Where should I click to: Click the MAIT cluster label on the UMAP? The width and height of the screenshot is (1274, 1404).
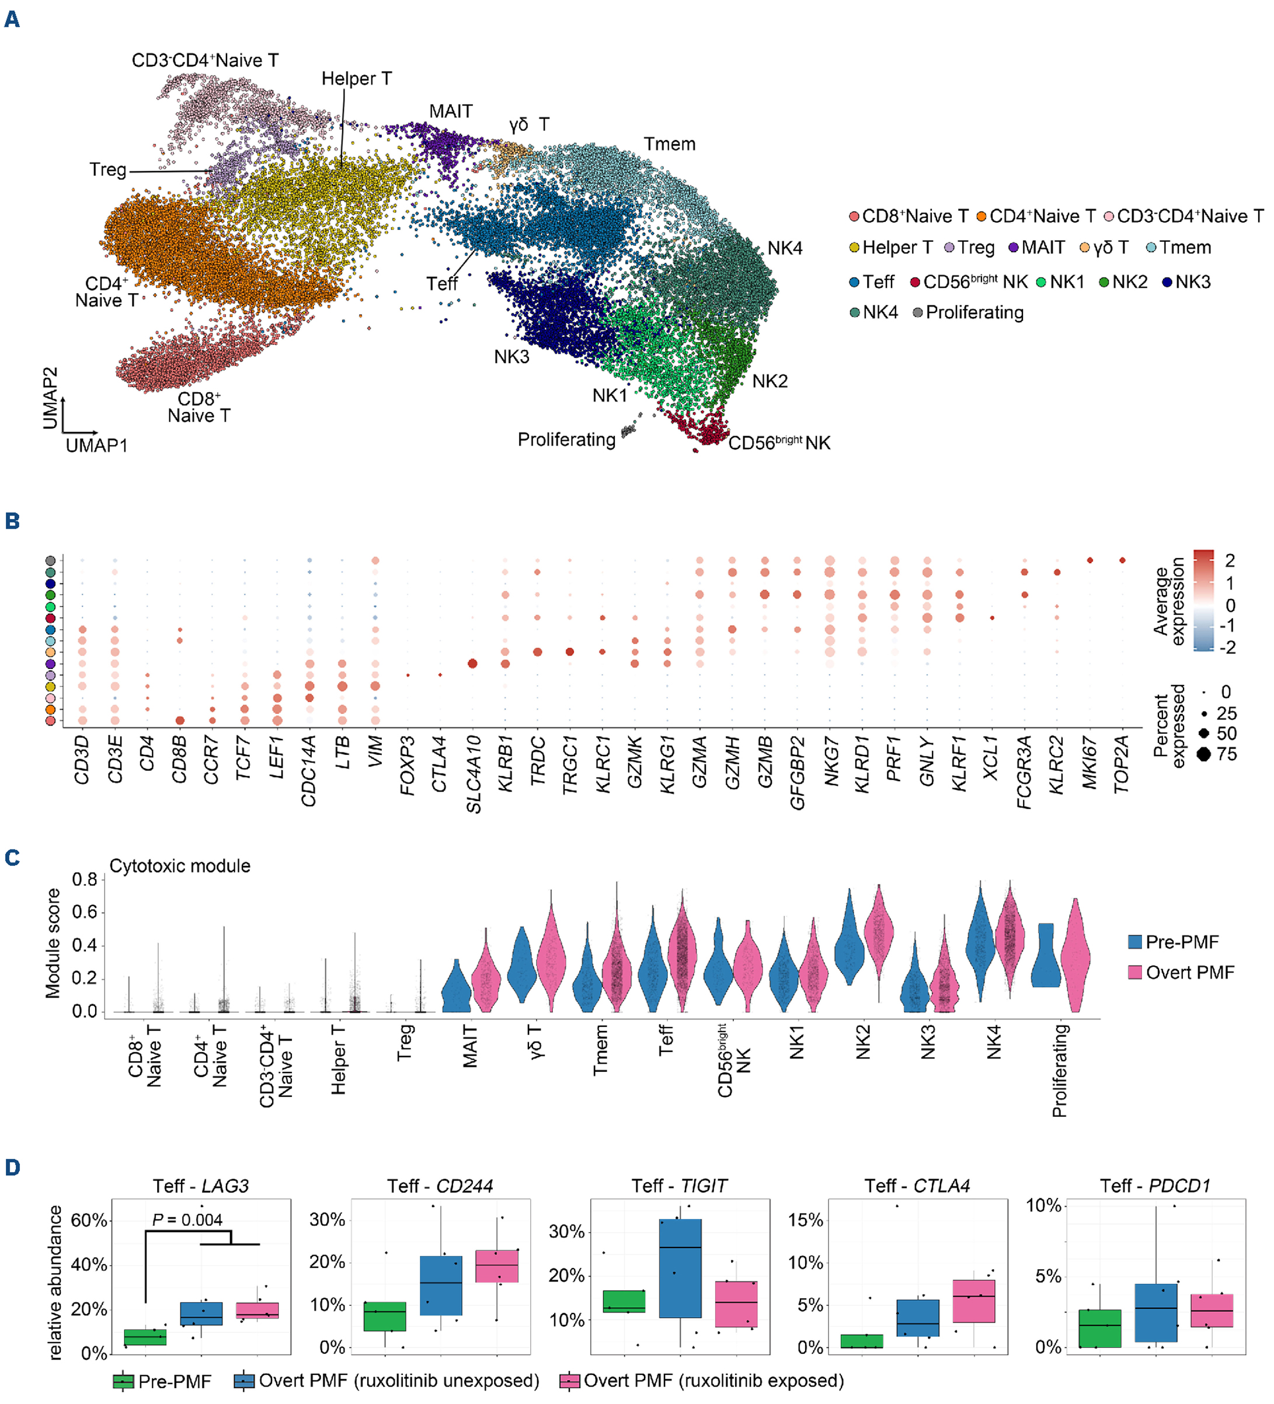point(450,112)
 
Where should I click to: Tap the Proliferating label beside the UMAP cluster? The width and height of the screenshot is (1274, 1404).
point(566,440)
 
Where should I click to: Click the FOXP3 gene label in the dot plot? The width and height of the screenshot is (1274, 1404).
point(408,765)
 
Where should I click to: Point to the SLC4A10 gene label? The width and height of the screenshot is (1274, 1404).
point(474,774)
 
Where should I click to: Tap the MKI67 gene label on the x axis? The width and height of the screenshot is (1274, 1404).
point(1089,763)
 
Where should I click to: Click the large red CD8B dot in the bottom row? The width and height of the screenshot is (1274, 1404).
point(180,721)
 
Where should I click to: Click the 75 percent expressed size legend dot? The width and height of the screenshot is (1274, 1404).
point(1204,754)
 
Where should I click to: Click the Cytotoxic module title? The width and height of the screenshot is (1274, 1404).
point(180,866)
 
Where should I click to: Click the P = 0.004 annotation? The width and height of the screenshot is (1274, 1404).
point(187,1220)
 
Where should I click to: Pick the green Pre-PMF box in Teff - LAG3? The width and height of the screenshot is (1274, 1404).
point(145,1337)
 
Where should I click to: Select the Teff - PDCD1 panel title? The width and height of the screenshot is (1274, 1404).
point(1155,1186)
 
